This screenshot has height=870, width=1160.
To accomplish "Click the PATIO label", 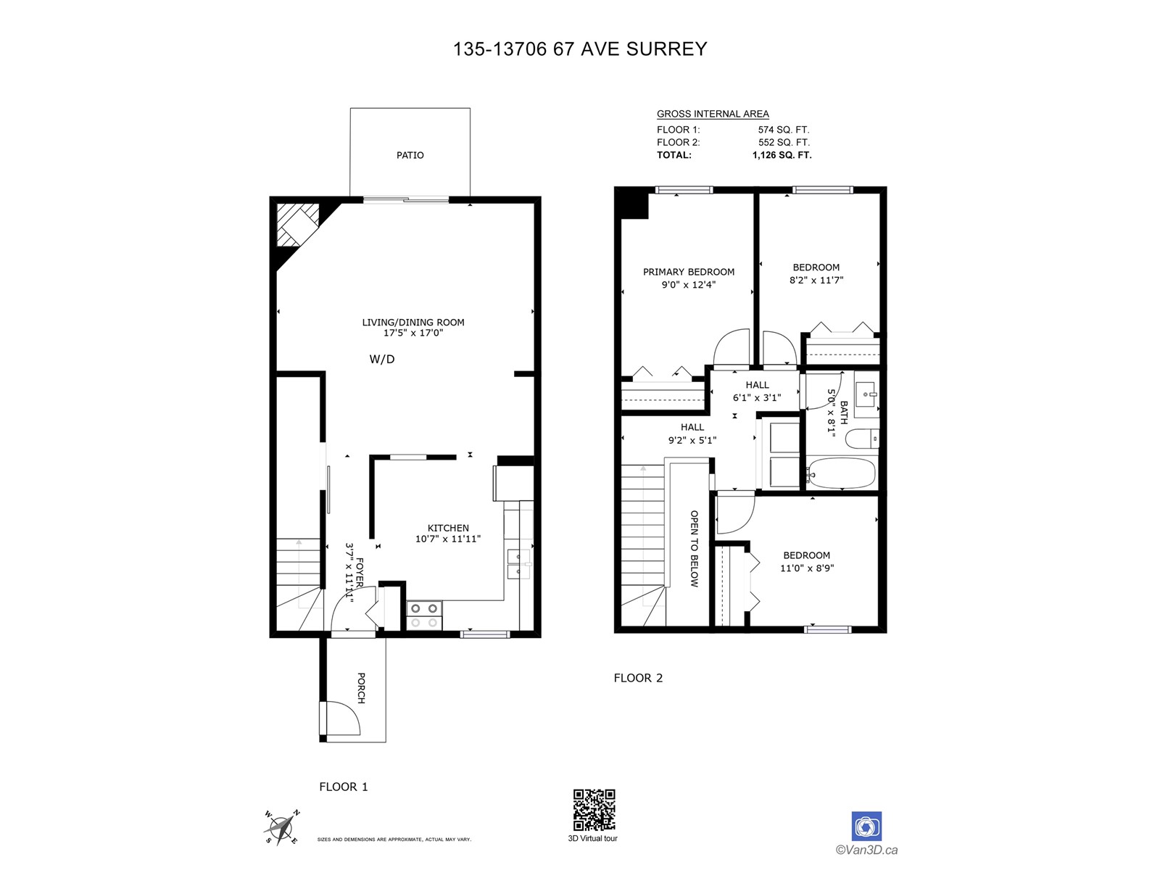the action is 410,155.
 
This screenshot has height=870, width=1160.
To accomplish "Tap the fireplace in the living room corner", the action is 298,225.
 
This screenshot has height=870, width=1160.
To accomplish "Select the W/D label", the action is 382,359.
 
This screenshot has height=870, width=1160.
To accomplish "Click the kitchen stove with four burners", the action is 424,616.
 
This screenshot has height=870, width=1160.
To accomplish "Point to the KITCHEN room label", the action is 448,529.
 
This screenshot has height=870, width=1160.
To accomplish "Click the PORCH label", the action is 362,688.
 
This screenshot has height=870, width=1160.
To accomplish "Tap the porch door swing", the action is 342,718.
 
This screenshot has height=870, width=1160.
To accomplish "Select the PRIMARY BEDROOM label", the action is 689,272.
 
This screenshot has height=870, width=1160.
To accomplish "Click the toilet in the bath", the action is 862,439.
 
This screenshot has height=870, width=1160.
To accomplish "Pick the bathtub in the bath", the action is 840,473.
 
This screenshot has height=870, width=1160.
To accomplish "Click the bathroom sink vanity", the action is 866,394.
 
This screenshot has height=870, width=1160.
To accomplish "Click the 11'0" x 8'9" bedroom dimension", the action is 807,568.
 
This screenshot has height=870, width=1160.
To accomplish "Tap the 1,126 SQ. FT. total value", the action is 782,155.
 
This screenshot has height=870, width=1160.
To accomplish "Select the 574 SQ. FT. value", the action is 784,130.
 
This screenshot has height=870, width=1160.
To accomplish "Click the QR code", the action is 594,810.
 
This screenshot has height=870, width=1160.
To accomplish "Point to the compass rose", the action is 282,826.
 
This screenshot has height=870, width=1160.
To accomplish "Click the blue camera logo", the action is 866,826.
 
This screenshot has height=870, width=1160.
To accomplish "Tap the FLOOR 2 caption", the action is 638,679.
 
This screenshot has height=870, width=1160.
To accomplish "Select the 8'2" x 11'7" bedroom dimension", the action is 816,281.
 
